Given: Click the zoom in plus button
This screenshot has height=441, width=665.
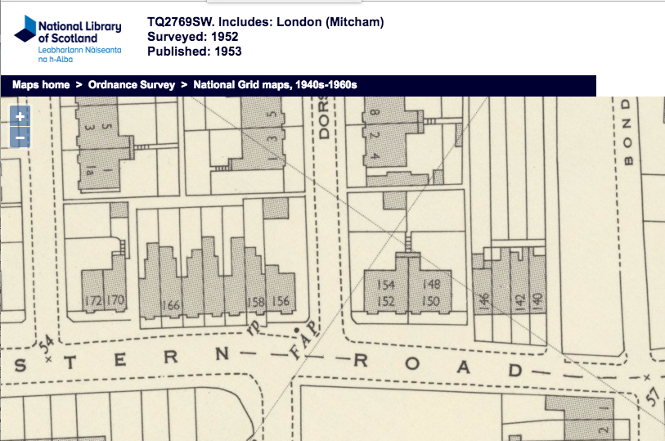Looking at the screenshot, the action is pyautogui.click(x=20, y=117).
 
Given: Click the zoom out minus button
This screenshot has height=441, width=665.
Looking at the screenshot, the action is pyautogui.click(x=20, y=138).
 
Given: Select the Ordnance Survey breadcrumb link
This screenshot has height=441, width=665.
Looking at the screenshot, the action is pyautogui.click(x=132, y=85).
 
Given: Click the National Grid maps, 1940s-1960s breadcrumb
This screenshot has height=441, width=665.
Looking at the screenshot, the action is pyautogui.click(x=276, y=85).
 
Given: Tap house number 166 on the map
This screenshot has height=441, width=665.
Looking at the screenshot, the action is pyautogui.click(x=171, y=305).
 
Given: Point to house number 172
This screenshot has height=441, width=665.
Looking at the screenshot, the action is pyautogui.click(x=93, y=301).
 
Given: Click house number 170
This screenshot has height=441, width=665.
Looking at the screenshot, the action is pyautogui.click(x=115, y=300).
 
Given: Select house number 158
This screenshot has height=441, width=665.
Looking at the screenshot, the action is pyautogui.click(x=256, y=302).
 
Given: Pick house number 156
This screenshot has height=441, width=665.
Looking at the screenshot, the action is pyautogui.click(x=281, y=301).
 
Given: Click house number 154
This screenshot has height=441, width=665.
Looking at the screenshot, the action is pyautogui.click(x=385, y=285).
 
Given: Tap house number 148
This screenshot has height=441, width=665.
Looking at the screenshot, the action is pyautogui.click(x=431, y=285).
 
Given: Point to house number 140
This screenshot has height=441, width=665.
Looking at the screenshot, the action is pyautogui.click(x=537, y=300).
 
